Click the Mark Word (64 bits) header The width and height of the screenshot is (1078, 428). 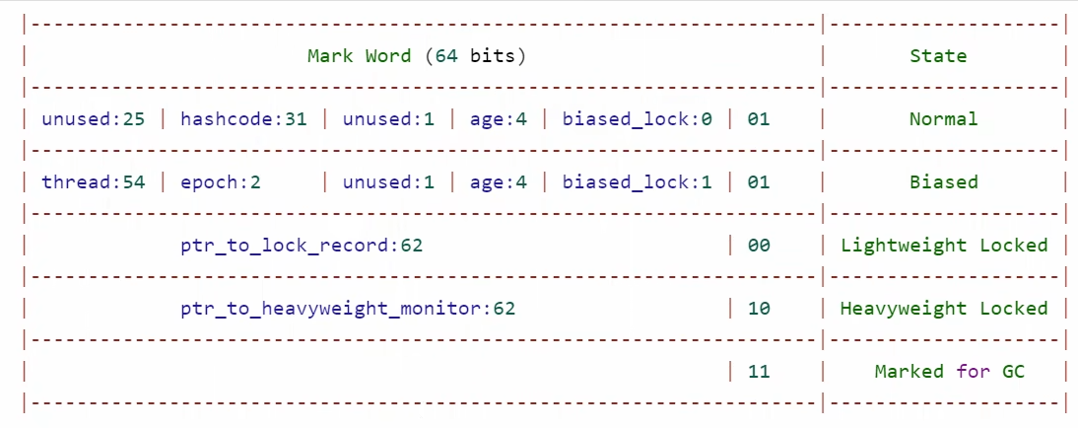click(417, 56)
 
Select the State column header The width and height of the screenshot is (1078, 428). click(938, 56)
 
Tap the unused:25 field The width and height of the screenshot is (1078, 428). click(94, 119)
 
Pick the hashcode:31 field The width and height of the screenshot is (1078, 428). click(243, 119)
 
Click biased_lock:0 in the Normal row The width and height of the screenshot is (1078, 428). click(637, 119)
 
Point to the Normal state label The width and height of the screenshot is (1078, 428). click(944, 119)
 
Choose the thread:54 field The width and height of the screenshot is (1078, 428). click(94, 182)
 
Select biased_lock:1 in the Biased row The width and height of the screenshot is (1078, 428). click(637, 182)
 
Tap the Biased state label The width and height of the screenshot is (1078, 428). click(944, 182)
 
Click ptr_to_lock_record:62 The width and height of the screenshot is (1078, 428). click(302, 246)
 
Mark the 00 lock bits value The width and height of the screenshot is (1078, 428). click(759, 246)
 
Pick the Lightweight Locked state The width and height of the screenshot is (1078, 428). click(944, 246)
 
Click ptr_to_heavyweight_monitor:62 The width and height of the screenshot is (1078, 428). click(348, 309)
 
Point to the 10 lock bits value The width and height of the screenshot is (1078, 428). click(759, 309)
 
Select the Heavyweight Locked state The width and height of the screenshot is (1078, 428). click(944, 309)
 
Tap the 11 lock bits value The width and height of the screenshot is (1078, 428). click(759, 372)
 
